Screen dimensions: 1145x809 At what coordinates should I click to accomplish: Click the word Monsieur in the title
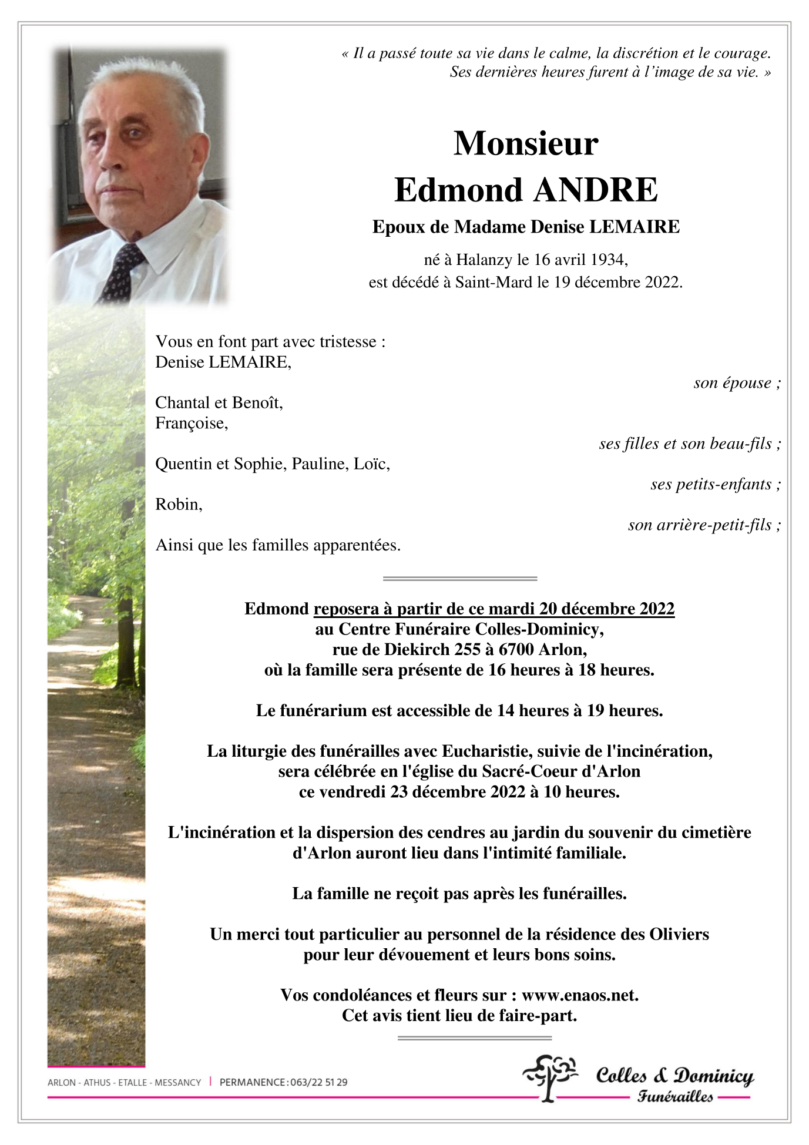(x=526, y=143)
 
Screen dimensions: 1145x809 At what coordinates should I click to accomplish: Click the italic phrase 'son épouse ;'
(x=737, y=383)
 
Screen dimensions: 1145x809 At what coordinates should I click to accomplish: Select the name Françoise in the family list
(x=191, y=423)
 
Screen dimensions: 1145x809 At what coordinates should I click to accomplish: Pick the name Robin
(x=178, y=505)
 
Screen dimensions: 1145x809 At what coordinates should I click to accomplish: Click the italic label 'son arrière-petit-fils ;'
(x=704, y=525)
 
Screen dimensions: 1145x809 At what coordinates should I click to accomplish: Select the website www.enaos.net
(x=579, y=995)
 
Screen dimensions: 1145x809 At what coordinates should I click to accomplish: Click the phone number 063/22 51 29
(x=318, y=1082)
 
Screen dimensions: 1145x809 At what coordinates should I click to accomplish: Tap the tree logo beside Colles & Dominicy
(x=549, y=1077)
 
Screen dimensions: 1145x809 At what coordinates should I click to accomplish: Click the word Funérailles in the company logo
(x=675, y=1097)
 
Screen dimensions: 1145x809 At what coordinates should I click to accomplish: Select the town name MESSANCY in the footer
(x=177, y=1082)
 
